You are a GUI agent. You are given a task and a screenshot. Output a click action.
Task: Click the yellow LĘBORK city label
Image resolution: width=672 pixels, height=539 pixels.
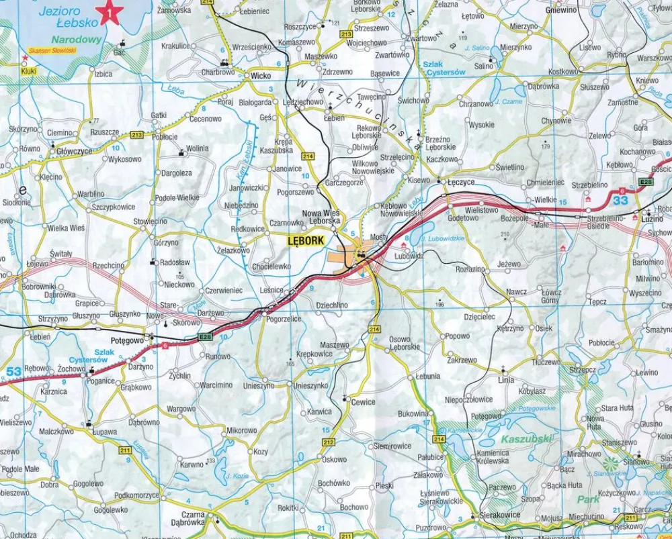pos(306,240)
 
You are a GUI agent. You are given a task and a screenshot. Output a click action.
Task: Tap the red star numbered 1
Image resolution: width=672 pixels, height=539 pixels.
pos(109,12)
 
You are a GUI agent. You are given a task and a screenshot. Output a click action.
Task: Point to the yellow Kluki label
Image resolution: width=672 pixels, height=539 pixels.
pos(28,70)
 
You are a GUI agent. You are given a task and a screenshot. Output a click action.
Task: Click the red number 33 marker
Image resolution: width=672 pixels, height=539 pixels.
pos(620,200)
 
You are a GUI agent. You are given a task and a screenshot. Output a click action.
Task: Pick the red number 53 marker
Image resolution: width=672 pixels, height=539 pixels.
pos(13,371)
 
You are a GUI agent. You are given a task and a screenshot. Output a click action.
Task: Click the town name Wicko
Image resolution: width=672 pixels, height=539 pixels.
pos(260,76)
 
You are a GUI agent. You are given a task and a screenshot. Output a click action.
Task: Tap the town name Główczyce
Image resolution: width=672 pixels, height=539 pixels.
pos(74,152)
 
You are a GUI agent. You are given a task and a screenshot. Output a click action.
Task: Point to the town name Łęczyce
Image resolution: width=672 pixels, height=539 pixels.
pos(461,182)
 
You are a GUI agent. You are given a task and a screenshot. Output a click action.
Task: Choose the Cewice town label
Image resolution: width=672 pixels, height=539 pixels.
pos(363,401)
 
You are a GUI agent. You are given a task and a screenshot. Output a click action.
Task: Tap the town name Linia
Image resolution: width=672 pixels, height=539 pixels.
pos(506,380)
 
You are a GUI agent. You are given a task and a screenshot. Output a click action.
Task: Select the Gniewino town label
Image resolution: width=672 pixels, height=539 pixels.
pos(562,11)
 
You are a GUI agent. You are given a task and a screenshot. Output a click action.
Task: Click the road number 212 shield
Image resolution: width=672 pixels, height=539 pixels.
pos(328,442)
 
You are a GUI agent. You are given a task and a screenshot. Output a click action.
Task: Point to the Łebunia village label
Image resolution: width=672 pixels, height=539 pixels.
pos(427,377)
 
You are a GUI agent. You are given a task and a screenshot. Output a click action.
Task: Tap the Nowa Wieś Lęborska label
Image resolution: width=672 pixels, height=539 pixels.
pos(321,216)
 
